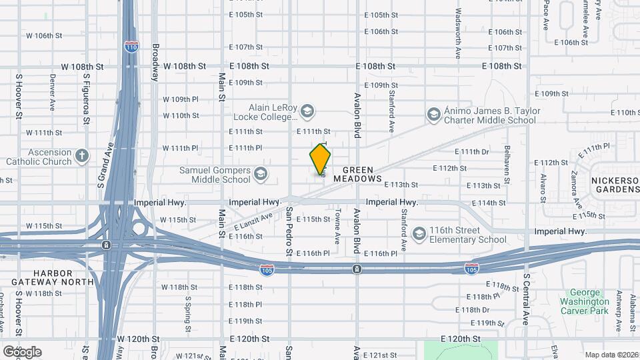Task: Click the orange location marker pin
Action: click(320, 160)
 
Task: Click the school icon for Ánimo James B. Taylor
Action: click(435, 115)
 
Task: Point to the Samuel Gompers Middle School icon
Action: click(260, 175)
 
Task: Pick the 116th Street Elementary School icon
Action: click(419, 234)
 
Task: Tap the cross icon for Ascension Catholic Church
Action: click(82, 156)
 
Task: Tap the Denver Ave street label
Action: click(52, 92)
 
